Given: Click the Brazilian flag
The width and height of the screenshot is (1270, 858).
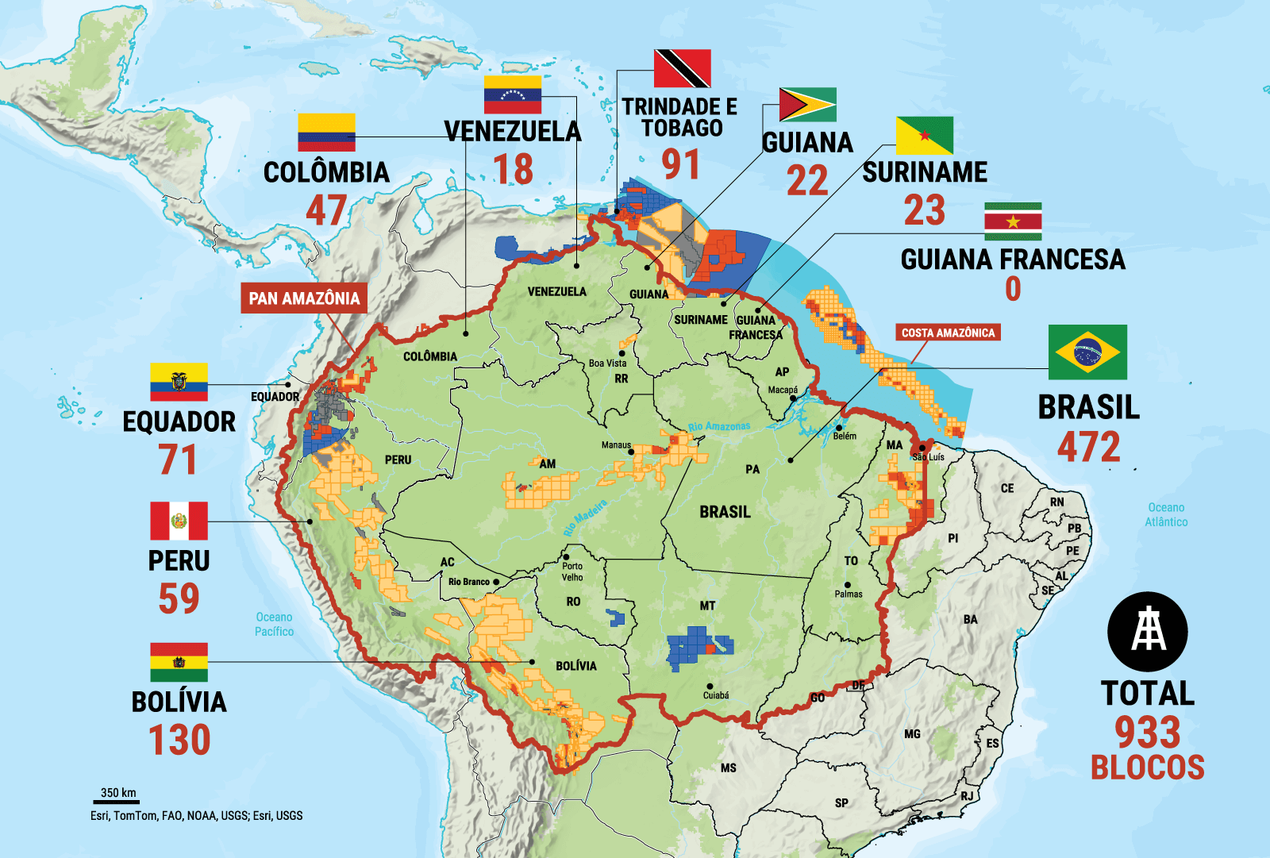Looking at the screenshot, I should click(x=1087, y=352).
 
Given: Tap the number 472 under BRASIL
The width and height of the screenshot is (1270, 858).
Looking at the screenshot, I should click(x=1088, y=447).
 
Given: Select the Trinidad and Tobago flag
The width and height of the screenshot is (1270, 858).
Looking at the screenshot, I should click(x=682, y=68).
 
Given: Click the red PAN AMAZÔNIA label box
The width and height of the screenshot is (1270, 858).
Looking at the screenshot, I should click(x=304, y=298).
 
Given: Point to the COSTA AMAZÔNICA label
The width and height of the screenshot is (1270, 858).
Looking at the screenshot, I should click(x=948, y=333).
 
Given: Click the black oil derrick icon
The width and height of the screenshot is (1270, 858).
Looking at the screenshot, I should click(x=1148, y=632).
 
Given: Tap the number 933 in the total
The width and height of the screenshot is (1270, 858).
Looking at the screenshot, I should click(x=1147, y=732).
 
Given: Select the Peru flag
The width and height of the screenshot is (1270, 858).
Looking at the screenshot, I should click(x=179, y=521).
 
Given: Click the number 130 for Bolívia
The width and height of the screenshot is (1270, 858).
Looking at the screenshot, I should click(x=179, y=740).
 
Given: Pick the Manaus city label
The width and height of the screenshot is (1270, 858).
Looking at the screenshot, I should click(x=616, y=445).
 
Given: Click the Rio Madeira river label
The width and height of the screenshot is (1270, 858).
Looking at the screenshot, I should click(x=585, y=517).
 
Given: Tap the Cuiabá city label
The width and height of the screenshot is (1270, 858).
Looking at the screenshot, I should click(x=716, y=695).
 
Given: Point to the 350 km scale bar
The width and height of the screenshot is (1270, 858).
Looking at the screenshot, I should click(x=118, y=798).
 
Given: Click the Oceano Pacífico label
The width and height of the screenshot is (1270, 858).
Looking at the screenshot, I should click(x=274, y=624).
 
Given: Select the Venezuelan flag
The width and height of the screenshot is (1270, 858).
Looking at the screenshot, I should click(x=513, y=95).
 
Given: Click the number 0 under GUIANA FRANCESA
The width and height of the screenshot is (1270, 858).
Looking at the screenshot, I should click(x=1013, y=288).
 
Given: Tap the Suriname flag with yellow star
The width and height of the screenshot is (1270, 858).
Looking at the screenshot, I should click(x=1013, y=221).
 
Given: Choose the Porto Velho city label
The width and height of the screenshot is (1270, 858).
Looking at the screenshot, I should click(x=572, y=571).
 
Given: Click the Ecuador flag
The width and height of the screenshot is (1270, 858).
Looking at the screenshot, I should click(x=179, y=382).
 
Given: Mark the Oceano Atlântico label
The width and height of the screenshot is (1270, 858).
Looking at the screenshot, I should click(x=1166, y=514).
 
